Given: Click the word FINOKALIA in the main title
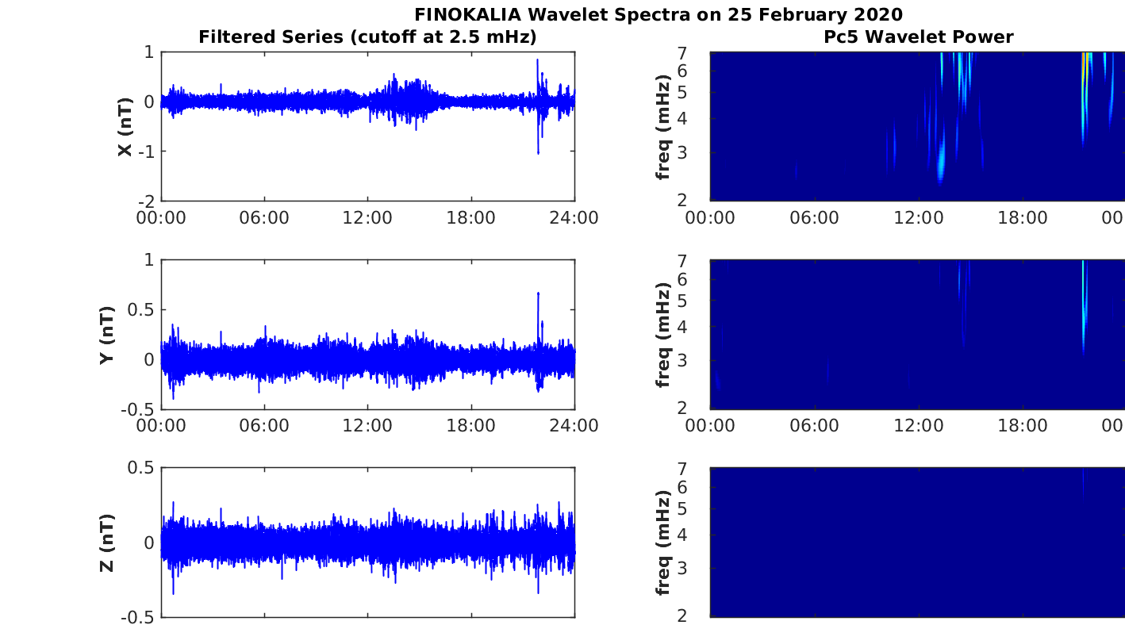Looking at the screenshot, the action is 467,14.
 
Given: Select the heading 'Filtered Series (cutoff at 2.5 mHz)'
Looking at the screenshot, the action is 367,37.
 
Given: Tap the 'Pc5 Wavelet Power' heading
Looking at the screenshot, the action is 919,37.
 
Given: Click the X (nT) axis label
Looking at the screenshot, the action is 125,127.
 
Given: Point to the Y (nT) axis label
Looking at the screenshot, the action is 107,335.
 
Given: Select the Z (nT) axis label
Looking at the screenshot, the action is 107,543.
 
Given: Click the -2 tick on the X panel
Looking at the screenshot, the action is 147,201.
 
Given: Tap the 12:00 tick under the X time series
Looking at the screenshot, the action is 367,218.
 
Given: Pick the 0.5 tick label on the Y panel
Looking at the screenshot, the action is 141,310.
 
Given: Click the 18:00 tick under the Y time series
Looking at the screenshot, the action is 470,426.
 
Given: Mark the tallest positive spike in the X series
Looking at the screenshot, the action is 537,60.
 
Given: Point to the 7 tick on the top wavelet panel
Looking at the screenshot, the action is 682,52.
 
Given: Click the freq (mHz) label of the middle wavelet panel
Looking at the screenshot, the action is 663,335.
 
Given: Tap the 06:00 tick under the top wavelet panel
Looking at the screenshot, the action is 814,218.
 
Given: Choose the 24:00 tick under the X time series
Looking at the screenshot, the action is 574,218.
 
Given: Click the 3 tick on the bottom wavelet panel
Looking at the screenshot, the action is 682,569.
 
